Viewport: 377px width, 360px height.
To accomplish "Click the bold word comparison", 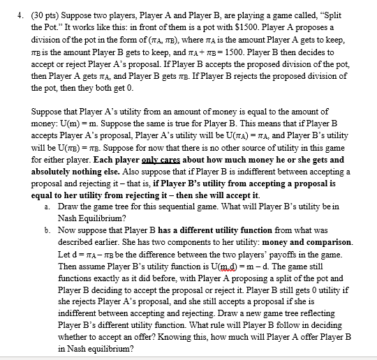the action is click(327, 242).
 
